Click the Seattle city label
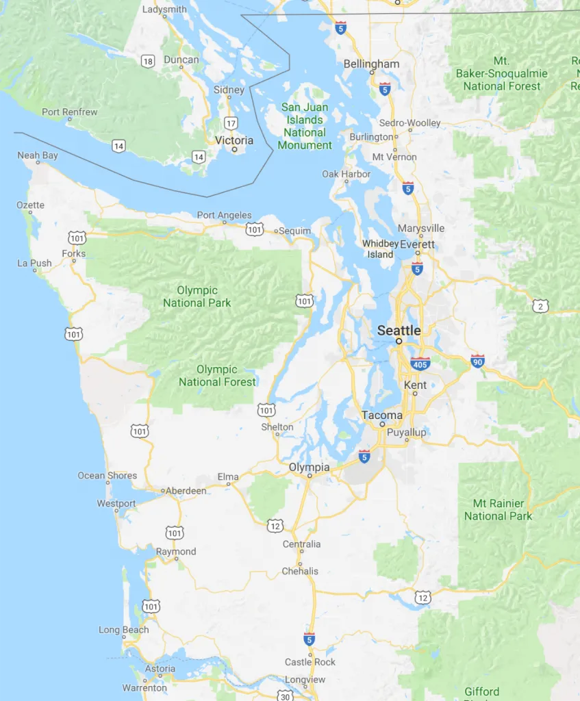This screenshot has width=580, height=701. click(399, 330)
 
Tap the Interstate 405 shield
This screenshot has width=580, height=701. click(420, 364)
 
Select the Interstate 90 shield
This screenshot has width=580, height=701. click(478, 361)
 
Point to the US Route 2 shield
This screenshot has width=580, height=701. click(541, 306)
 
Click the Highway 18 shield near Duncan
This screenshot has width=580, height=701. click(148, 62)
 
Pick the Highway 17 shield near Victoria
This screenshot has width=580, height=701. click(231, 123)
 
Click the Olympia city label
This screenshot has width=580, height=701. click(309, 468)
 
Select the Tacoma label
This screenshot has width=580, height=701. click(382, 416)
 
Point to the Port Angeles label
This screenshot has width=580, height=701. click(224, 215)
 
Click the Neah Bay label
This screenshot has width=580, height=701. click(38, 155)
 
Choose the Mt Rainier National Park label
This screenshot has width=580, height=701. click(498, 510)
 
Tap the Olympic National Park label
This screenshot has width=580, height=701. click(197, 296)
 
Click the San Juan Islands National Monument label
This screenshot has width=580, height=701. click(305, 126)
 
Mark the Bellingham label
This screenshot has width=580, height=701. click(371, 64)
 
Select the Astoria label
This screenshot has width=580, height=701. click(160, 669)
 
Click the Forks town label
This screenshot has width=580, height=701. click(73, 253)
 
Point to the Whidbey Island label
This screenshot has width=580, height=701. click(380, 249)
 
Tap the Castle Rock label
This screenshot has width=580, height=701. click(310, 662)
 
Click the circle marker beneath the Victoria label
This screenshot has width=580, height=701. click(234, 149)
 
